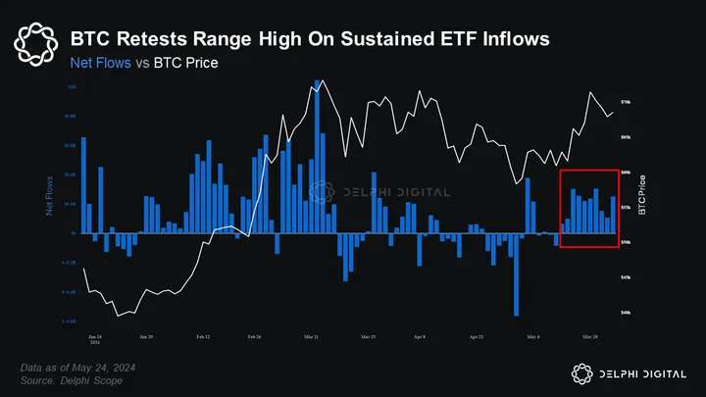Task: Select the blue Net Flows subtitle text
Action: [100, 63]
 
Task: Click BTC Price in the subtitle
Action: [185, 63]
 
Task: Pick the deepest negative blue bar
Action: [516, 275]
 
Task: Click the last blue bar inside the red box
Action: [614, 215]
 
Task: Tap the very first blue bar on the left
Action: [83, 185]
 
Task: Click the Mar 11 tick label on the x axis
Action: [310, 336]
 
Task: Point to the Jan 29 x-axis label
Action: [145, 336]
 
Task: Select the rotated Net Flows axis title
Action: [49, 196]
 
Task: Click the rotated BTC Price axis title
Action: [642, 195]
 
